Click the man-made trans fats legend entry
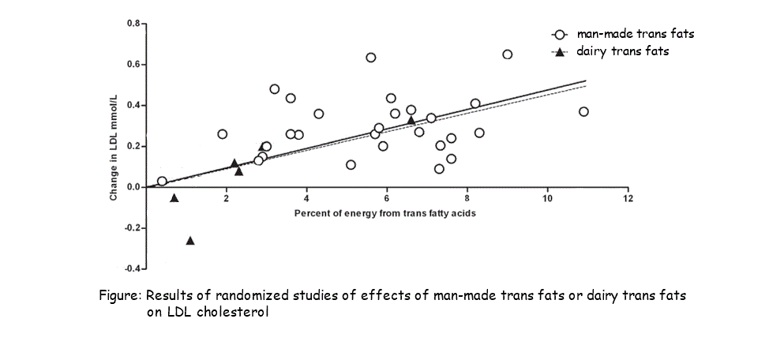624,35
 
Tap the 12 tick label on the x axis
628,198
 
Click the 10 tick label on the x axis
547,198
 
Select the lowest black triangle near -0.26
190,240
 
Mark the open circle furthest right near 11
583,111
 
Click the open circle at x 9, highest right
507,54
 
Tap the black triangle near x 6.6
411,120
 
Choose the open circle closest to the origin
162,181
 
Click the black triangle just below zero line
174,198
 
